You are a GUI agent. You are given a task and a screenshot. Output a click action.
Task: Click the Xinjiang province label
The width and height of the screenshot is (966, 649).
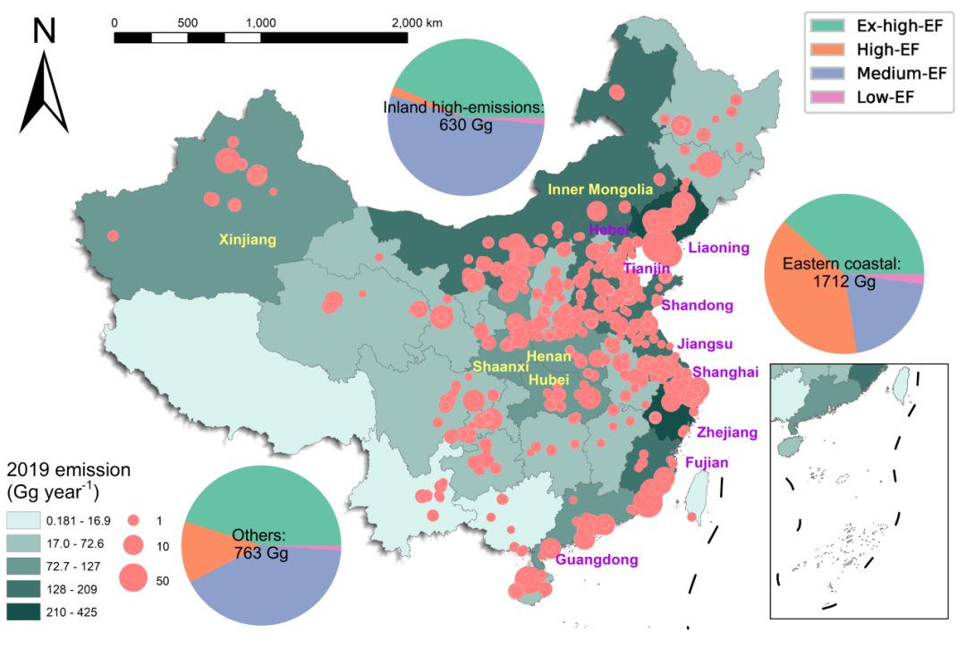click(x=248, y=240)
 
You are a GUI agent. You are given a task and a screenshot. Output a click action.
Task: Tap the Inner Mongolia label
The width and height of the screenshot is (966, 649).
click(x=600, y=190)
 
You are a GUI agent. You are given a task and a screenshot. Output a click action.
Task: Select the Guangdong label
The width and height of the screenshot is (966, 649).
click(x=597, y=560)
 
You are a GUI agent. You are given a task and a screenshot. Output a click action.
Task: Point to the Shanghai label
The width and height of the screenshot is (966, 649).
click(x=725, y=372)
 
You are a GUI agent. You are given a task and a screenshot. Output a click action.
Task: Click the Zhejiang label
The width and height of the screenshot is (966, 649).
click(x=727, y=432)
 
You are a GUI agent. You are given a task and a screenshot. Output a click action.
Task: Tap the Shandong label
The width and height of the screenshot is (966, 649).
click(x=698, y=305)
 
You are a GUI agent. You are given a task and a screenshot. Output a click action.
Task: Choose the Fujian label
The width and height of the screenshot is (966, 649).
click(x=708, y=463)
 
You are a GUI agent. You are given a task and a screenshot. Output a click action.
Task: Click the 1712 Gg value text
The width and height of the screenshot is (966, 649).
click(x=843, y=281)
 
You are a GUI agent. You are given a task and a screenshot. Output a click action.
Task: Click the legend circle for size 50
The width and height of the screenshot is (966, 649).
click(x=132, y=579)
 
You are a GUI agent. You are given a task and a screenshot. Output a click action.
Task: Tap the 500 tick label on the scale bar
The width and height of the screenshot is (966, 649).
click(x=188, y=21)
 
